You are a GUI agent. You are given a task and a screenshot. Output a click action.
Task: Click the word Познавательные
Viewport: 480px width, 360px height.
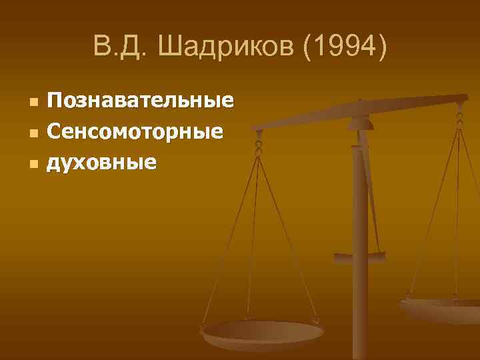click(x=140, y=101)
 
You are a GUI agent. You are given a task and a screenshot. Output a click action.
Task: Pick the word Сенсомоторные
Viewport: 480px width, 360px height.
click(x=134, y=131)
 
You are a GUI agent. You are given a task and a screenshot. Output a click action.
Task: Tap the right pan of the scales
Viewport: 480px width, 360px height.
click(x=443, y=308)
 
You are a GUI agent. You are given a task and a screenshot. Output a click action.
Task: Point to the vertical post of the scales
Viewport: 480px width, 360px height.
click(x=360, y=267)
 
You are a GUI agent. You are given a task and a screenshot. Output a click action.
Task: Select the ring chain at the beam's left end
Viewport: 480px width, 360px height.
click(x=259, y=143)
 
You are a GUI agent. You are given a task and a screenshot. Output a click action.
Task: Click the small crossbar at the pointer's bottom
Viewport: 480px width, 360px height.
click(x=359, y=256)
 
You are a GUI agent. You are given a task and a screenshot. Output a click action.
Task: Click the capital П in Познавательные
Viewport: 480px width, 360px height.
click(x=53, y=101)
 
